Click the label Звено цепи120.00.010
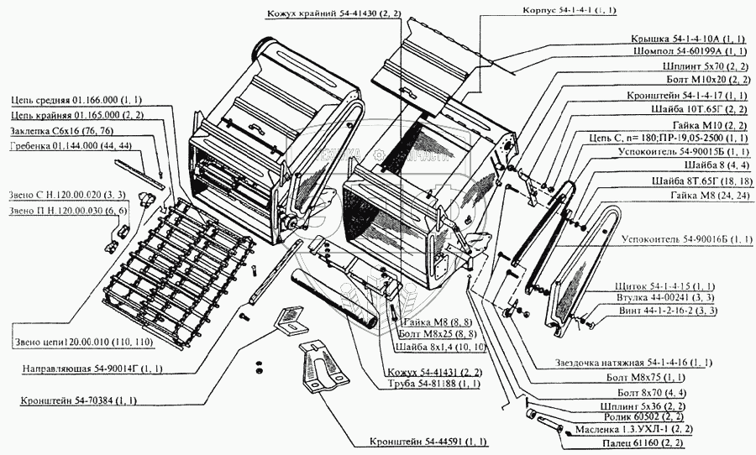[x=83, y=343]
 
